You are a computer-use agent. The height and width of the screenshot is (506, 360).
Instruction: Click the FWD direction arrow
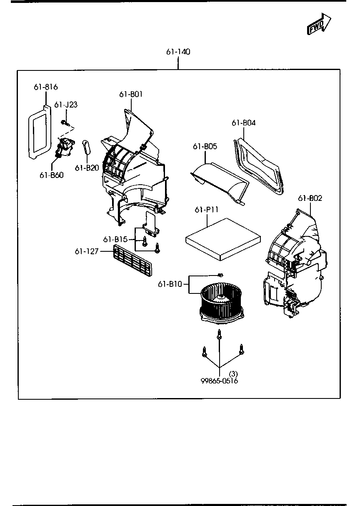pyautogui.click(x=319, y=24)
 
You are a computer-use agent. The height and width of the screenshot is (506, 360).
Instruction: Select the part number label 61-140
pyautogui.click(x=178, y=52)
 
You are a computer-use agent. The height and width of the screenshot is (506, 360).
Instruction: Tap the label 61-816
pyautogui.click(x=45, y=87)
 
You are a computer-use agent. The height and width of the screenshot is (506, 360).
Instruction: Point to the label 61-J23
pyautogui.click(x=66, y=105)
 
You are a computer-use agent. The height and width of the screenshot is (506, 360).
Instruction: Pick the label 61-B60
pyautogui.click(x=52, y=175)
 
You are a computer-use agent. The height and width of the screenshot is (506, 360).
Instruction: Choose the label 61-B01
pyautogui.click(x=131, y=94)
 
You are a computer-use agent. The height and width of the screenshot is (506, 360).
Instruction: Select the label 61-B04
pyautogui.click(x=244, y=123)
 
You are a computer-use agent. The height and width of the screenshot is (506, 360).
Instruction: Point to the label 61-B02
pyautogui.click(x=310, y=198)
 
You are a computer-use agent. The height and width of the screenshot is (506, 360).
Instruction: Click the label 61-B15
pyautogui.click(x=115, y=239)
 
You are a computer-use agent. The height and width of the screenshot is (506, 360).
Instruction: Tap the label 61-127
pyautogui.click(x=86, y=251)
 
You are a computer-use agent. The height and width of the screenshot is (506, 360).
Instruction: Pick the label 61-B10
pyautogui.click(x=170, y=284)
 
